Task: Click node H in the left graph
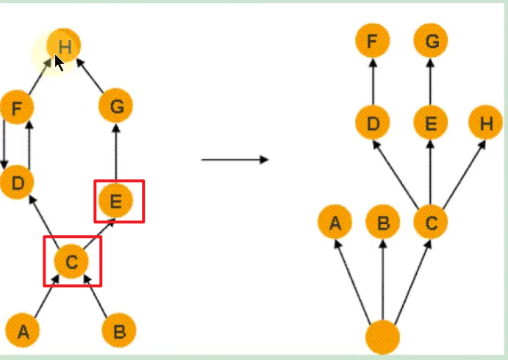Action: (x=65, y=46)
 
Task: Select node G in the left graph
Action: (x=116, y=107)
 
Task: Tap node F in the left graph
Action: (x=17, y=109)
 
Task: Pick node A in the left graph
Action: (x=24, y=331)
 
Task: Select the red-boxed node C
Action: (x=71, y=261)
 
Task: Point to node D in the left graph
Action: (x=17, y=182)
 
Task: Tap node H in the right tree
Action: (x=486, y=123)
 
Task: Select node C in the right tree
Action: (x=431, y=222)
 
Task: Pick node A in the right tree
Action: (x=335, y=222)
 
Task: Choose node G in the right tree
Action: (x=431, y=42)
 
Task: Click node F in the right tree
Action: (x=373, y=42)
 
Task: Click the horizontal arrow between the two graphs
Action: (x=235, y=159)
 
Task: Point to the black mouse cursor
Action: (x=59, y=63)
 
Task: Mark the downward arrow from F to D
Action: (x=4, y=145)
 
